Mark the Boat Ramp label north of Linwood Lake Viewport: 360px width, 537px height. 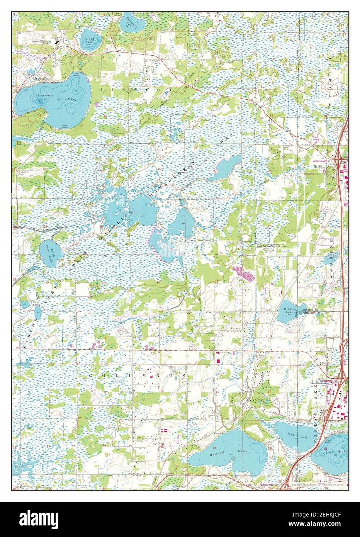pyautogui.click(x=78, y=74)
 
